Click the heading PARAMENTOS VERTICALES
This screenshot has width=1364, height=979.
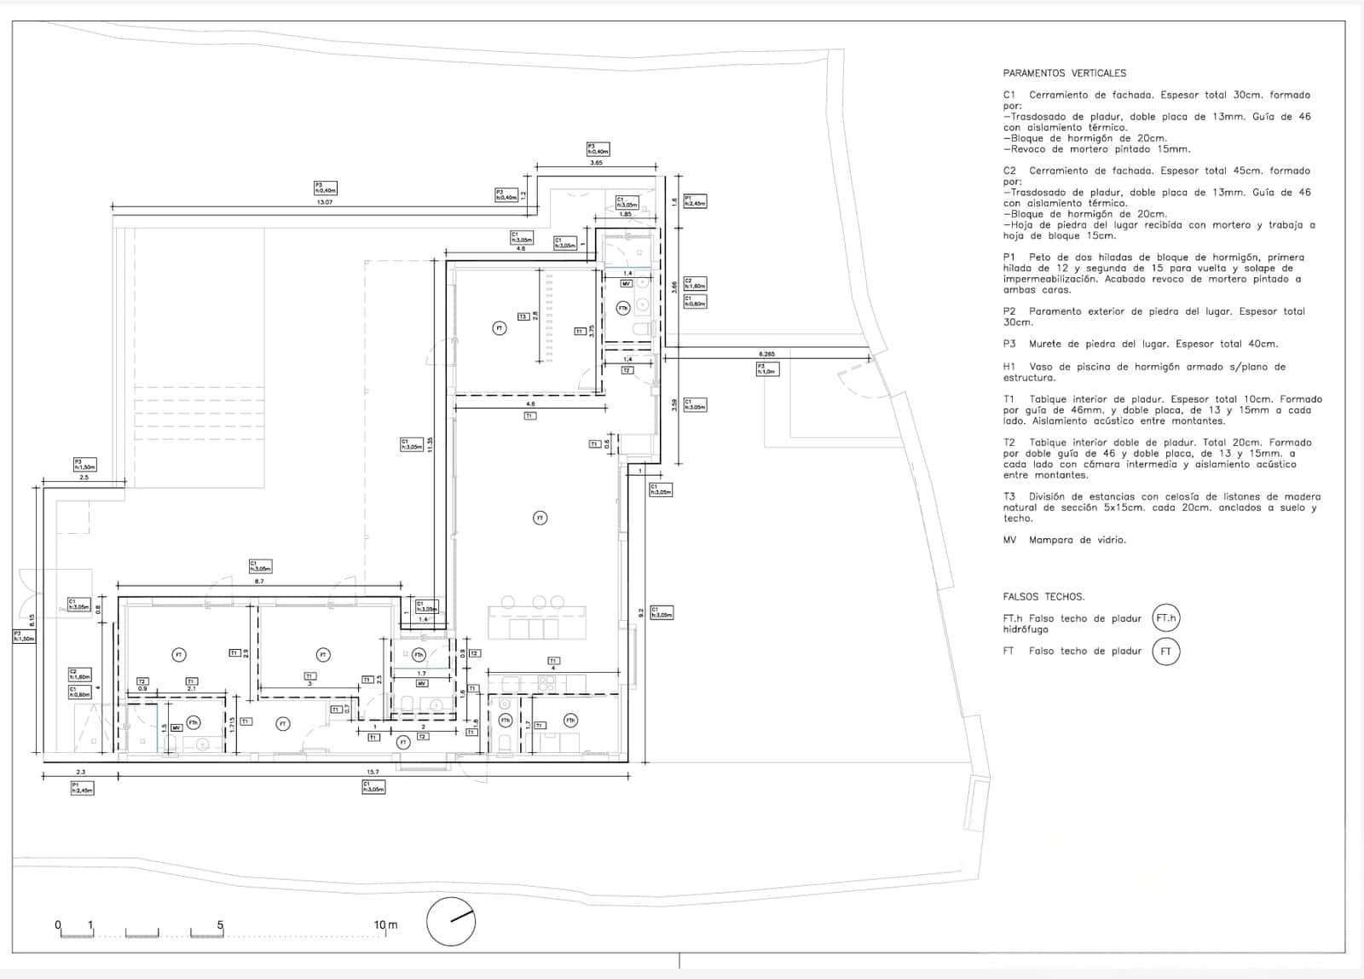pyautogui.click(x=1064, y=73)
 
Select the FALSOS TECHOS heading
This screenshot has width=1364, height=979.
pyautogui.click(x=1043, y=597)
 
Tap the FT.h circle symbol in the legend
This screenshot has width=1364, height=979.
pyautogui.click(x=1165, y=619)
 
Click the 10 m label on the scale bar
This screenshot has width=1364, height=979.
pyautogui.click(x=385, y=925)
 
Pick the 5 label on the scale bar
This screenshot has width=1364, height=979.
pyautogui.click(x=220, y=925)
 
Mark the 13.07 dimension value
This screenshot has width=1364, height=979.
pyautogui.click(x=325, y=202)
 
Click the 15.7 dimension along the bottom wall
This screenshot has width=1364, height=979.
pyautogui.click(x=372, y=772)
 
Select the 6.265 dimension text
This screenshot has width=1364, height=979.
pyautogui.click(x=767, y=353)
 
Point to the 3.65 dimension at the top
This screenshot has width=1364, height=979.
pyautogui.click(x=597, y=162)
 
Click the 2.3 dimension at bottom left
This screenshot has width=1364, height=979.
pyautogui.click(x=80, y=772)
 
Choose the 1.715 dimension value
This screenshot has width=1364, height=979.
pyautogui.click(x=233, y=725)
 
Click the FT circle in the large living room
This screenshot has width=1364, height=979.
pyautogui.click(x=540, y=518)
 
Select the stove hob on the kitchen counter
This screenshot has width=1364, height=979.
pyautogui.click(x=547, y=682)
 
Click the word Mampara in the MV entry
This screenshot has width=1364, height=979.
pyautogui.click(x=1050, y=540)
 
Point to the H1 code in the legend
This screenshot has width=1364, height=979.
pyautogui.click(x=1009, y=367)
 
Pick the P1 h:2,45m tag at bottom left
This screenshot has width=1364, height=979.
pyautogui.click(x=82, y=788)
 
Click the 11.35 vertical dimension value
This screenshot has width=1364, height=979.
pyautogui.click(x=431, y=445)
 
